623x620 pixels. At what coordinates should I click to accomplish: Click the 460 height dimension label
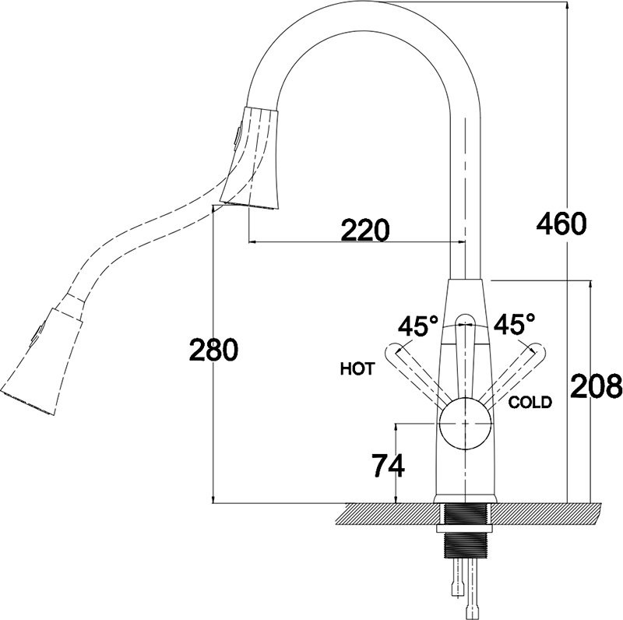pyautogui.click(x=560, y=224)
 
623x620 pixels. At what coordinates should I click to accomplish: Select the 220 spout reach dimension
pyautogui.click(x=364, y=230)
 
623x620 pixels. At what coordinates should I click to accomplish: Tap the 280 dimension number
pyautogui.click(x=213, y=351)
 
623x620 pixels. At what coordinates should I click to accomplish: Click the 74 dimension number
pyautogui.click(x=388, y=466)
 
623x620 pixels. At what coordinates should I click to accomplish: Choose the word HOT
pyautogui.click(x=357, y=369)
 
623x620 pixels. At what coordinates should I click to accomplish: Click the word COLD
pyautogui.click(x=530, y=402)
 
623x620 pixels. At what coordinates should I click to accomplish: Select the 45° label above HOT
pyautogui.click(x=417, y=325)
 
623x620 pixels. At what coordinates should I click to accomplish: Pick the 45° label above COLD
pyautogui.click(x=515, y=322)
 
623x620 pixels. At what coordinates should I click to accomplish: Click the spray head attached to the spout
pyautogui.click(x=252, y=157)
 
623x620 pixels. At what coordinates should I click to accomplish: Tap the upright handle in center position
pyautogui.click(x=464, y=351)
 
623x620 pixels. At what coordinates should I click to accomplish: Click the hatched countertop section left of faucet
pyautogui.click(x=389, y=514)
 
